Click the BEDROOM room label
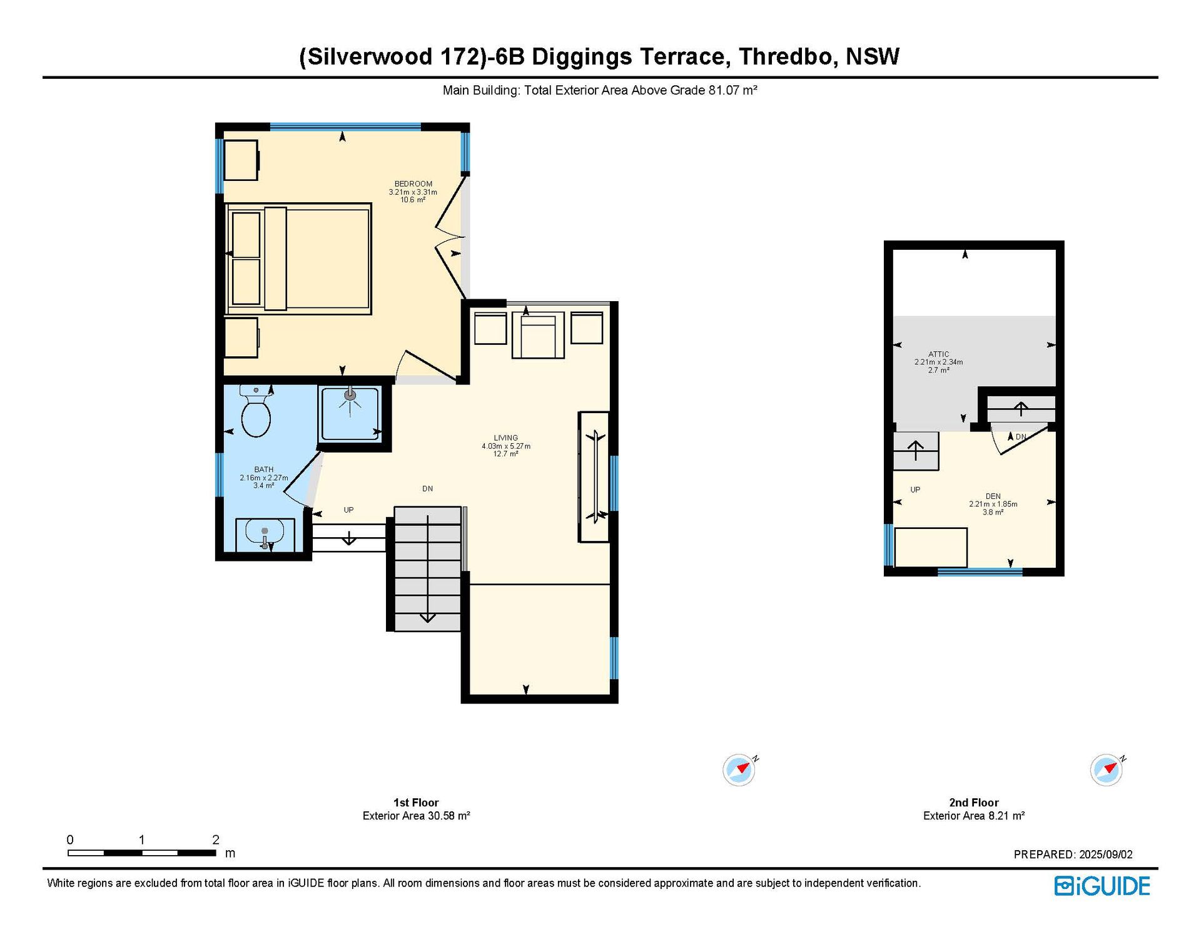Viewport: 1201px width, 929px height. coord(413,184)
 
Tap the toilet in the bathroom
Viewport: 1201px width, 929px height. coord(255,411)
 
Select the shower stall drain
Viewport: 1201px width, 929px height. coord(350,395)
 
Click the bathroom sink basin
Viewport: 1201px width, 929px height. coord(265,534)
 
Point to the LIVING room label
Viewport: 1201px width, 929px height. coord(505,438)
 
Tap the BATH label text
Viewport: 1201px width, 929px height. coord(263,470)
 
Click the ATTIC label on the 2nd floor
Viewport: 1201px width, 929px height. coord(938,354)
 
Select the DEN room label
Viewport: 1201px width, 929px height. coord(993,496)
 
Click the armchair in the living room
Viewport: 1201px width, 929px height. coord(538,335)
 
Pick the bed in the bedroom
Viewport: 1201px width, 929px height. coord(298,259)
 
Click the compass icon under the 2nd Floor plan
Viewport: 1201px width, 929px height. coord(1107,769)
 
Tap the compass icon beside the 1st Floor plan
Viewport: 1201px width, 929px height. coord(739,769)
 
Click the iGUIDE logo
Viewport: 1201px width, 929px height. coord(1102,886)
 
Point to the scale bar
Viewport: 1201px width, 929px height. coord(142,853)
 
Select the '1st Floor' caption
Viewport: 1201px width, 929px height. coord(416,803)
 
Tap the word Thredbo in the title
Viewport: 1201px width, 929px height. coord(786,57)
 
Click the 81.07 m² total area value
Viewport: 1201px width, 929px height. coord(732,90)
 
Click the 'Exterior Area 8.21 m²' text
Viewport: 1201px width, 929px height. coord(974,816)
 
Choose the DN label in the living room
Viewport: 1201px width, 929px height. coord(427,489)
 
